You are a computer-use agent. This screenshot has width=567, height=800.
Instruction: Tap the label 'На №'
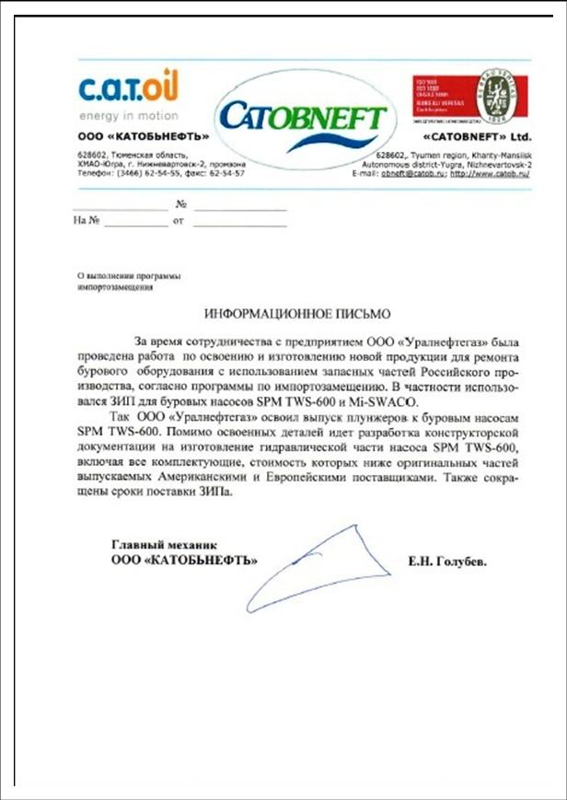86,221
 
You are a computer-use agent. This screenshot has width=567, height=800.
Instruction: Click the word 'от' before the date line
179,221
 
